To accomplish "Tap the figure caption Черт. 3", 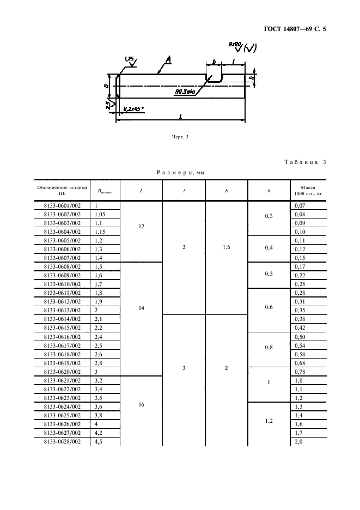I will (179, 136).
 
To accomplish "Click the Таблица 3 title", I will (305, 162).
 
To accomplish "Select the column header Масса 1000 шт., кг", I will (307, 190).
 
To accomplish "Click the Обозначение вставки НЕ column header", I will (62, 190).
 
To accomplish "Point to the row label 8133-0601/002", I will (62, 205).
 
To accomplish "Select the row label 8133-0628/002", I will (62, 441).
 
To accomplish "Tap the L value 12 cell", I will (141, 226).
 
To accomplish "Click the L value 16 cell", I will (141, 406).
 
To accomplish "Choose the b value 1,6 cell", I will (227, 248).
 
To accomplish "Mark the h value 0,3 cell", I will (269, 217).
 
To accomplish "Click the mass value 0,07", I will (300, 205).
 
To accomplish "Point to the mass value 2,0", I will (298, 441).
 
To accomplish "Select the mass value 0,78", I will (300, 372).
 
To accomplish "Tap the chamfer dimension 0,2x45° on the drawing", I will (134, 109).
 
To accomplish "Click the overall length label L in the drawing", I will (180, 116).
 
